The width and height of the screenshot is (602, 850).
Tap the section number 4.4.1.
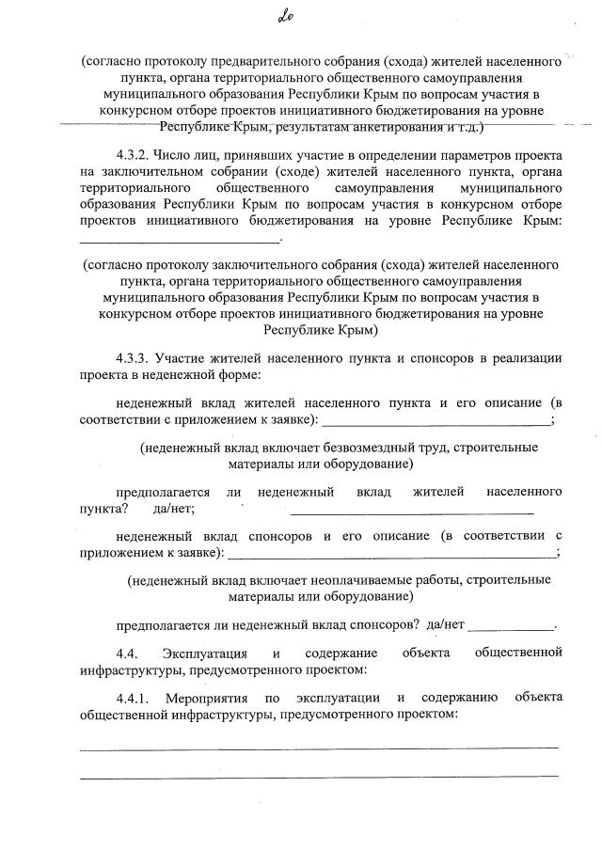pos(133,697)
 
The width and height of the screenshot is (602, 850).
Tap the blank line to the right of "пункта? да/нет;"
pos(411,512)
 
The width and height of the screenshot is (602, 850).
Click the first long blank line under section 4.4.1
pos(319,748)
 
